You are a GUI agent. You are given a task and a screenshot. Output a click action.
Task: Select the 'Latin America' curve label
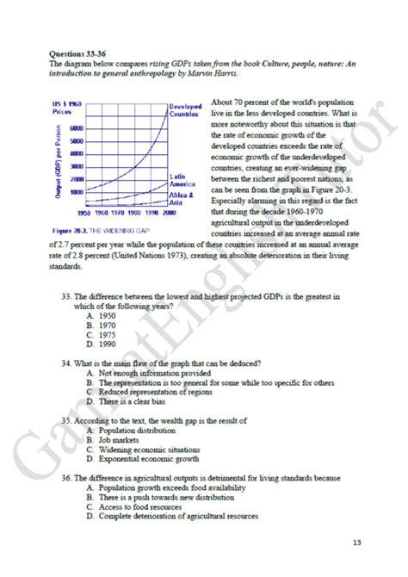point(182,180)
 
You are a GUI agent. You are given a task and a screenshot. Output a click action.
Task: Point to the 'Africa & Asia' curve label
point(182,200)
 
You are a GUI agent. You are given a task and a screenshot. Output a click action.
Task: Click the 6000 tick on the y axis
point(75,127)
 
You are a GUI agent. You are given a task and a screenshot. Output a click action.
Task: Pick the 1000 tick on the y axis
point(75,191)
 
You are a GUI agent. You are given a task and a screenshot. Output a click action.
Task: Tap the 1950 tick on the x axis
point(84,212)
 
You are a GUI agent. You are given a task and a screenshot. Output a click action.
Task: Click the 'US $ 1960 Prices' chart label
point(67,109)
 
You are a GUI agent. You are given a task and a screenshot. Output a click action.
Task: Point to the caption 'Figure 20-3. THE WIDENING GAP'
point(107,232)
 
